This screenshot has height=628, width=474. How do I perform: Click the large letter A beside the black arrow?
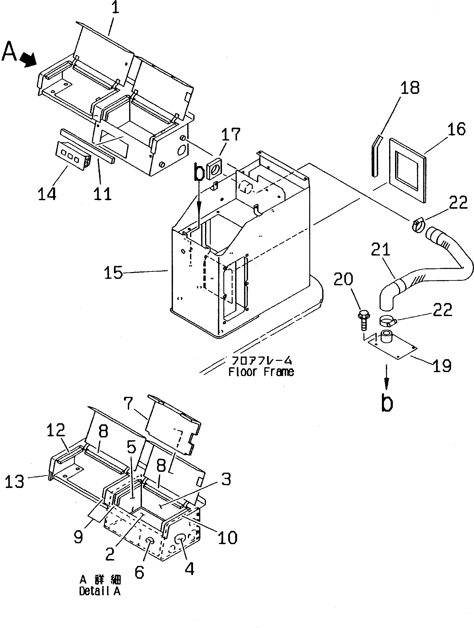[9, 52]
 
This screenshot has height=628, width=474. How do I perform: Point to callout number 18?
[410, 88]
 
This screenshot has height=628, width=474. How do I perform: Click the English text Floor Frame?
[261, 372]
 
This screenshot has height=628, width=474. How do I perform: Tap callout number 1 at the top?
[115, 8]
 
